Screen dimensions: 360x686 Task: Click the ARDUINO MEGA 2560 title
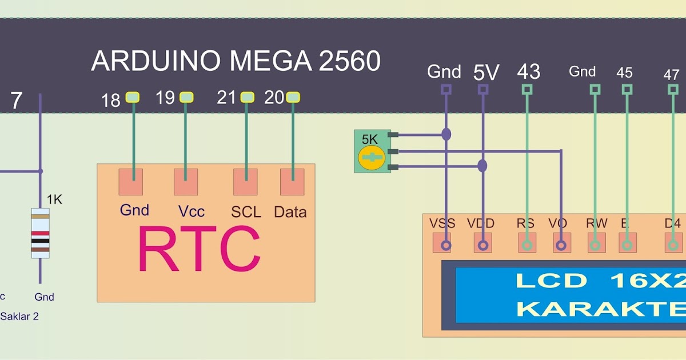(236, 61)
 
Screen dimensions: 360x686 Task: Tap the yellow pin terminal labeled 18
(133, 98)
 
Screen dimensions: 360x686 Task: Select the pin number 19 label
(165, 98)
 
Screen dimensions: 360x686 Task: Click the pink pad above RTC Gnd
(130, 182)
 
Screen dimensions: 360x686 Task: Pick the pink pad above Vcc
(186, 182)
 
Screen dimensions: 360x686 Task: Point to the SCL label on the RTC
(246, 212)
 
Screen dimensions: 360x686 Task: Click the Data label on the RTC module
(290, 212)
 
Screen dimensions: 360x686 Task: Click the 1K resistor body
(40, 233)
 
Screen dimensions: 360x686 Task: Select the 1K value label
(54, 199)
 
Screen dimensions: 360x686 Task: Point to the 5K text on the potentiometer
(369, 139)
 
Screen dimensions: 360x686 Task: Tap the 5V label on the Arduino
(486, 73)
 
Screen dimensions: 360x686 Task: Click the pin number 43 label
(528, 72)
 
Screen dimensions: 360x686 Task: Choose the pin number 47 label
(671, 74)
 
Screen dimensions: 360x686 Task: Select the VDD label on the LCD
(480, 223)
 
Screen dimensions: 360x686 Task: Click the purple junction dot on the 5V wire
(482, 166)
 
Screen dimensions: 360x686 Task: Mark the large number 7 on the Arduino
(16, 101)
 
